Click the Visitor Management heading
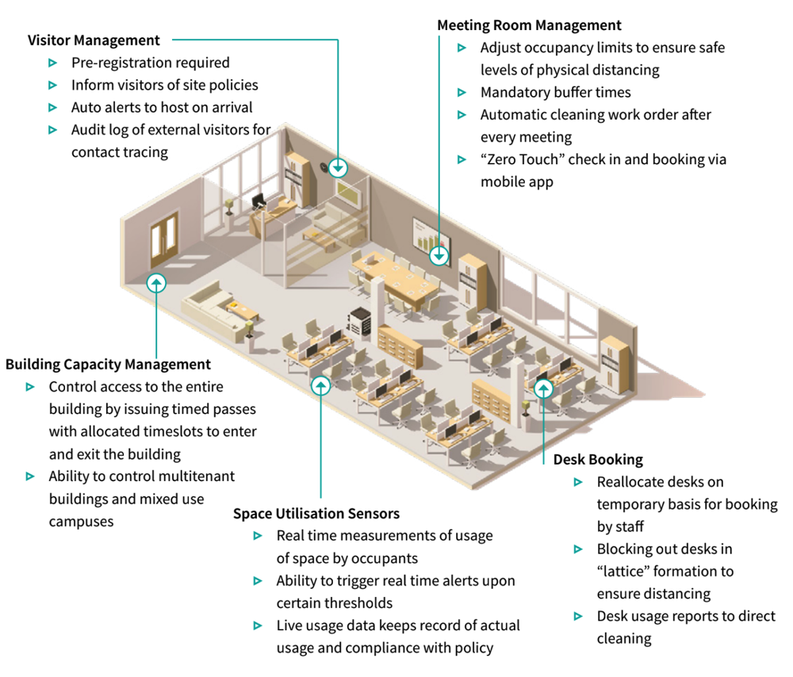coord(94,40)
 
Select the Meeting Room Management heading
coord(529,25)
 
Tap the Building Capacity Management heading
coord(108,365)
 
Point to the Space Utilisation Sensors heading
coord(316,514)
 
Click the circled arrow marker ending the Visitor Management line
coord(339,167)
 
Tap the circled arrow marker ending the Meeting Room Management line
coord(439,256)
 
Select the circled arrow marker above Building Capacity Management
coord(157,281)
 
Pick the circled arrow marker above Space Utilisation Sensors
coord(320,385)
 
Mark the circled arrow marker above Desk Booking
coord(543,388)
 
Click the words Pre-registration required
coord(151,63)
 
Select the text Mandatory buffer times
coord(555,92)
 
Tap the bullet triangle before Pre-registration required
coord(53,63)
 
